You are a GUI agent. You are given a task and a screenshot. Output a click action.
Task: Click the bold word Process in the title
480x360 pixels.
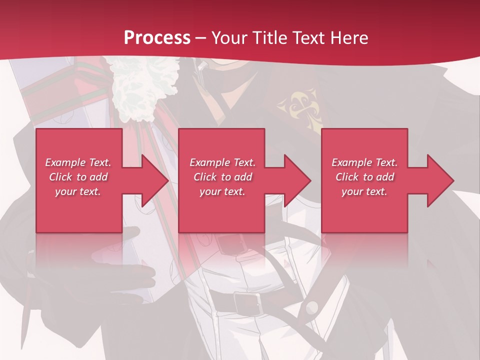157,38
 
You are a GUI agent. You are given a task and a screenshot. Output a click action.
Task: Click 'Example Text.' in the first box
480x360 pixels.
78,162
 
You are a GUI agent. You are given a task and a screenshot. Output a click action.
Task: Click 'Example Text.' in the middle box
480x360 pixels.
222,162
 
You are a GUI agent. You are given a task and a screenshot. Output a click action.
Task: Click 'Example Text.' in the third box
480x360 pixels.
364,162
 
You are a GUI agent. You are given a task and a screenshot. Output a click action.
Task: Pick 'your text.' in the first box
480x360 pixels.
78,191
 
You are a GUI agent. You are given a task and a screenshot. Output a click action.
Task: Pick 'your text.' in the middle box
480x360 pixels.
222,191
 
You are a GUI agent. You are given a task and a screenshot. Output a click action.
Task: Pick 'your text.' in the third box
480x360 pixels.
364,191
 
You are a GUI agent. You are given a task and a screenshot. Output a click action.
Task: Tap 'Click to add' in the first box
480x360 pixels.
78,177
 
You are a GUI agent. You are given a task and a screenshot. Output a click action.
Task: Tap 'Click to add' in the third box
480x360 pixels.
364,177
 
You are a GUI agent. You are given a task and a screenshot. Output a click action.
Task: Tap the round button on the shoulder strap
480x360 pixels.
312,306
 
